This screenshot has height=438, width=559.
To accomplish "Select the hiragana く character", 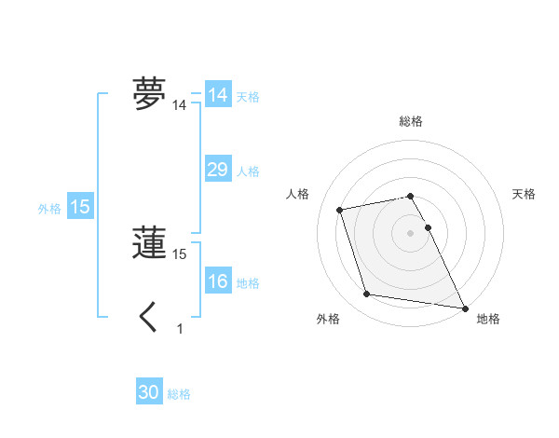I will coord(148,318).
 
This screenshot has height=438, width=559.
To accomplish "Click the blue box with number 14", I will coord(217,95).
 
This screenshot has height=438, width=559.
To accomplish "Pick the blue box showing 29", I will coord(217,170).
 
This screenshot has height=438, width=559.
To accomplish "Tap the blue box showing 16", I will coord(217,282).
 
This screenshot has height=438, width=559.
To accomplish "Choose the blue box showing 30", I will coord(149,392).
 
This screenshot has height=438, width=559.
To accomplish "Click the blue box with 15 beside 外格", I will coord(80,207).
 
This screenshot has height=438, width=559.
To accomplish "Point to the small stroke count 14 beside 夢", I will coord(180,106).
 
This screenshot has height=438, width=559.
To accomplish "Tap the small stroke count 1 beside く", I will coord(180,329).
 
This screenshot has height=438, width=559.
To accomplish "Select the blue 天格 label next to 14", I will coord(248,97).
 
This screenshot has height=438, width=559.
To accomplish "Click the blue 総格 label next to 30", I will coord(179,394).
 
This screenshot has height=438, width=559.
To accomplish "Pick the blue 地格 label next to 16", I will coord(248,283).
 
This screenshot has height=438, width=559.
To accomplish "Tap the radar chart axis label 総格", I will coord(411,121).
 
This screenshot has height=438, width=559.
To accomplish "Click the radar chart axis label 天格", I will coord(524,194).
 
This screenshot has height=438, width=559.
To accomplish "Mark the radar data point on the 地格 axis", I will coord(464,307).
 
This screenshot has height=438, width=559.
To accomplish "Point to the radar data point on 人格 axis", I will coord(340,209).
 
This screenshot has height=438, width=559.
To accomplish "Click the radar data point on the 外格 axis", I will coord(367,294).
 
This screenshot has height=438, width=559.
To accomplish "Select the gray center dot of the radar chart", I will coord(411,232).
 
